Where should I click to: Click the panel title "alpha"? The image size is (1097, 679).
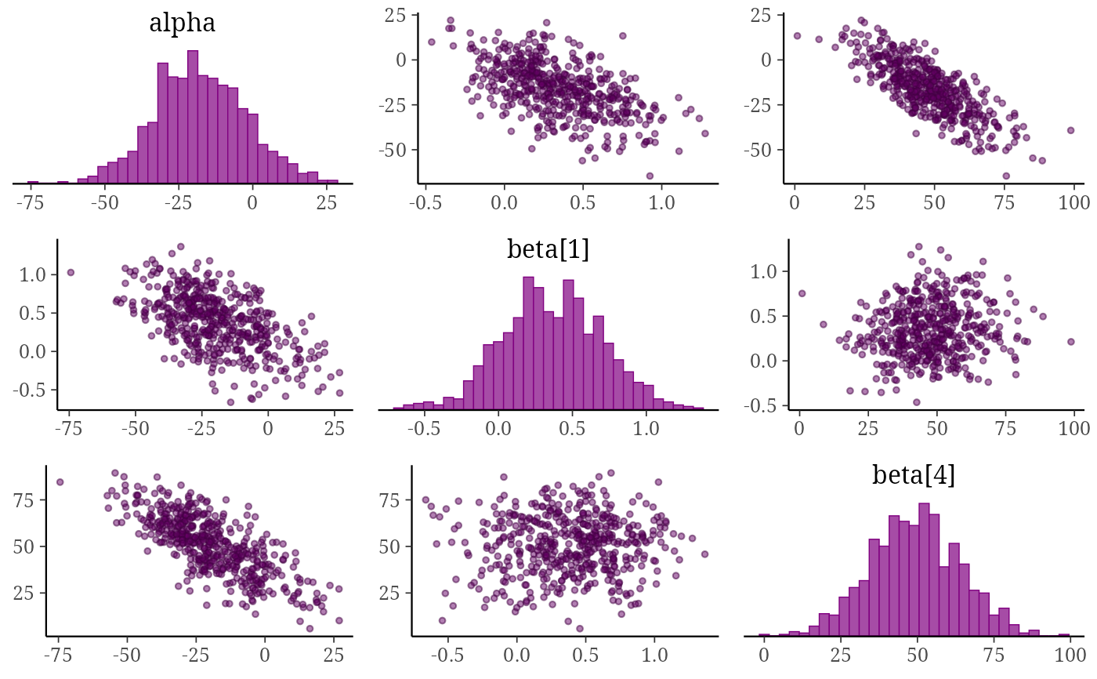[x=182, y=23]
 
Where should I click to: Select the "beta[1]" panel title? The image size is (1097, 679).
[x=548, y=249]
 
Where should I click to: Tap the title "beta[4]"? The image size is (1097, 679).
[x=914, y=474]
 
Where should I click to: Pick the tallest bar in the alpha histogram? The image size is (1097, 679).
[x=193, y=117]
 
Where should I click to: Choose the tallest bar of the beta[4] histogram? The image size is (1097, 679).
[x=924, y=570]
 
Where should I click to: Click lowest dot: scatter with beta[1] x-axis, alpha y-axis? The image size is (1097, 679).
[x=650, y=176]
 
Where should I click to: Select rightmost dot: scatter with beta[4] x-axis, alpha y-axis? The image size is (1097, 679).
[x=1070, y=130]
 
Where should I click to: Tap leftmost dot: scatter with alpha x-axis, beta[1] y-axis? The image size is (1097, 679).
[x=71, y=272]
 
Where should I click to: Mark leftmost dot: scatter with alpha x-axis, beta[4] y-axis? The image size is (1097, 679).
[x=60, y=482]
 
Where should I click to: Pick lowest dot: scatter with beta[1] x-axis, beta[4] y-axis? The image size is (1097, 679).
[x=580, y=629]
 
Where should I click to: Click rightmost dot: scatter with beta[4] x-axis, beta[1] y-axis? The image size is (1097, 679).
[x=1071, y=342]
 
